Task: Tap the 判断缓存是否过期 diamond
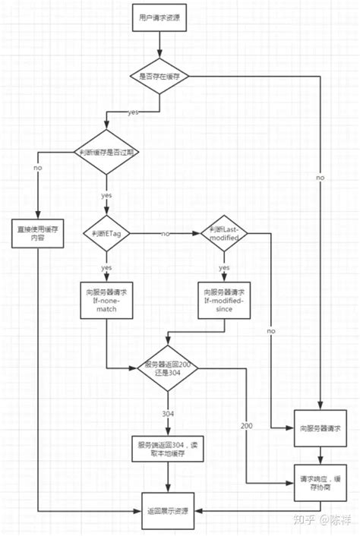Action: tap(106, 152)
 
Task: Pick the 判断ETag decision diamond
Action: tap(106, 233)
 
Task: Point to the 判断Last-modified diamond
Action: tap(225, 233)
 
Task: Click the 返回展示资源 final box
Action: tap(169, 503)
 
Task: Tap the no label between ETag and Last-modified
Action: tap(165, 233)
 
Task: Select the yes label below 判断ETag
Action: tap(106, 268)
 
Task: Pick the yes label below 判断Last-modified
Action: tap(225, 268)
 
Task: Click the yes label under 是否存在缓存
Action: tap(134, 112)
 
